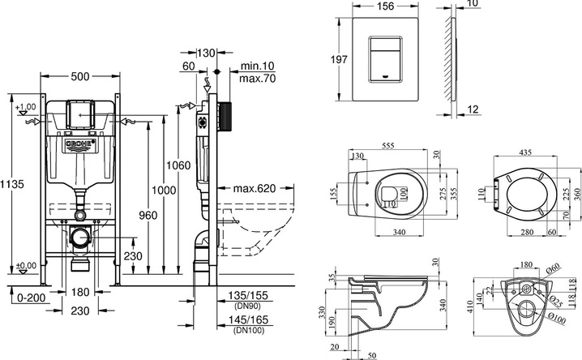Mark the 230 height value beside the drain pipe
(x=133, y=257)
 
